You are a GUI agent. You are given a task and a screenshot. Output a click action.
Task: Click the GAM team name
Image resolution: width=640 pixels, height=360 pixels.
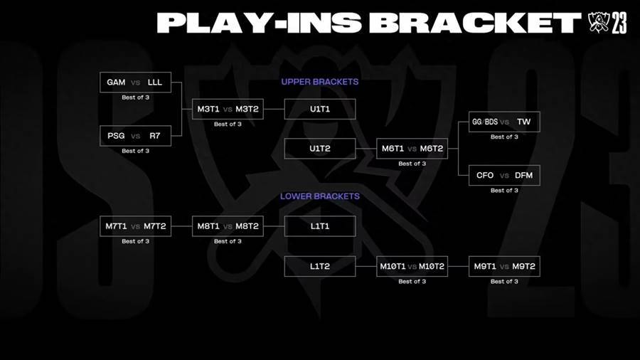coord(116,83)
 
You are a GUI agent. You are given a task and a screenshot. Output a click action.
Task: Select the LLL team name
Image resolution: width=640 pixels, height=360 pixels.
coord(155,83)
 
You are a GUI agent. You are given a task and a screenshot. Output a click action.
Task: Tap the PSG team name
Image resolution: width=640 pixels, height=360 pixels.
coord(116,136)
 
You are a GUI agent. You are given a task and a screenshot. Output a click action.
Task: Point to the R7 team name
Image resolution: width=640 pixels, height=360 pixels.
coord(155,136)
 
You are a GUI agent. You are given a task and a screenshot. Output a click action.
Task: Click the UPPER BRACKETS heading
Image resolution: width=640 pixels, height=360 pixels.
coord(320,82)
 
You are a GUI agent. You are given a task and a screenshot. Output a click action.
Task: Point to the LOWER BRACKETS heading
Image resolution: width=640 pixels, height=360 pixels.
coord(320,196)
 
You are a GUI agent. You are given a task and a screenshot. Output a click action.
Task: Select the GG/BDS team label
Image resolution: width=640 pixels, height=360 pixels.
coord(485,122)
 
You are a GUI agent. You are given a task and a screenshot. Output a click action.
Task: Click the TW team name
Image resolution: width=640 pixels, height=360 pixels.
coord(523,122)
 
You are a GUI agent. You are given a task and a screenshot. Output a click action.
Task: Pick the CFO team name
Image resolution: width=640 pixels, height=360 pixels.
coord(485,176)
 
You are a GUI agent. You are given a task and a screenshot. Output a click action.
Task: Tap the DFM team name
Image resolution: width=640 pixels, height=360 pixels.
coord(523,176)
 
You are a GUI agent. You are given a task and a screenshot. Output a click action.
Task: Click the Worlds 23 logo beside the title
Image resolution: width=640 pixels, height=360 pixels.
coord(607,23)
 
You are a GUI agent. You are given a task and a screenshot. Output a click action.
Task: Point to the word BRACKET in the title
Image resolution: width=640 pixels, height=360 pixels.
coord(476,23)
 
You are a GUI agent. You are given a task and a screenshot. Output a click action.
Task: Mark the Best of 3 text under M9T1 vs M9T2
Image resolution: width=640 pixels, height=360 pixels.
coord(504,282)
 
